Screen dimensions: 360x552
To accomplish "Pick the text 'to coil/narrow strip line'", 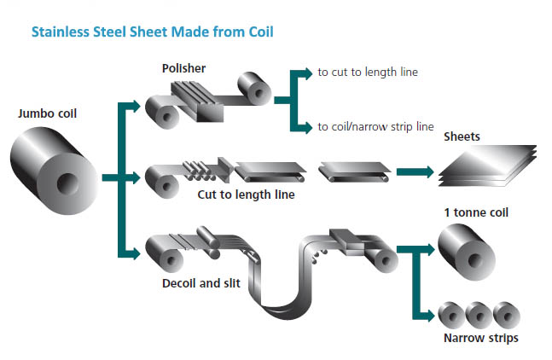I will point(375,128).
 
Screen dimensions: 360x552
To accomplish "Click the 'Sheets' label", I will point(463,136).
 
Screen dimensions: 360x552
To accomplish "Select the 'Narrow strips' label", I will point(480,338).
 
